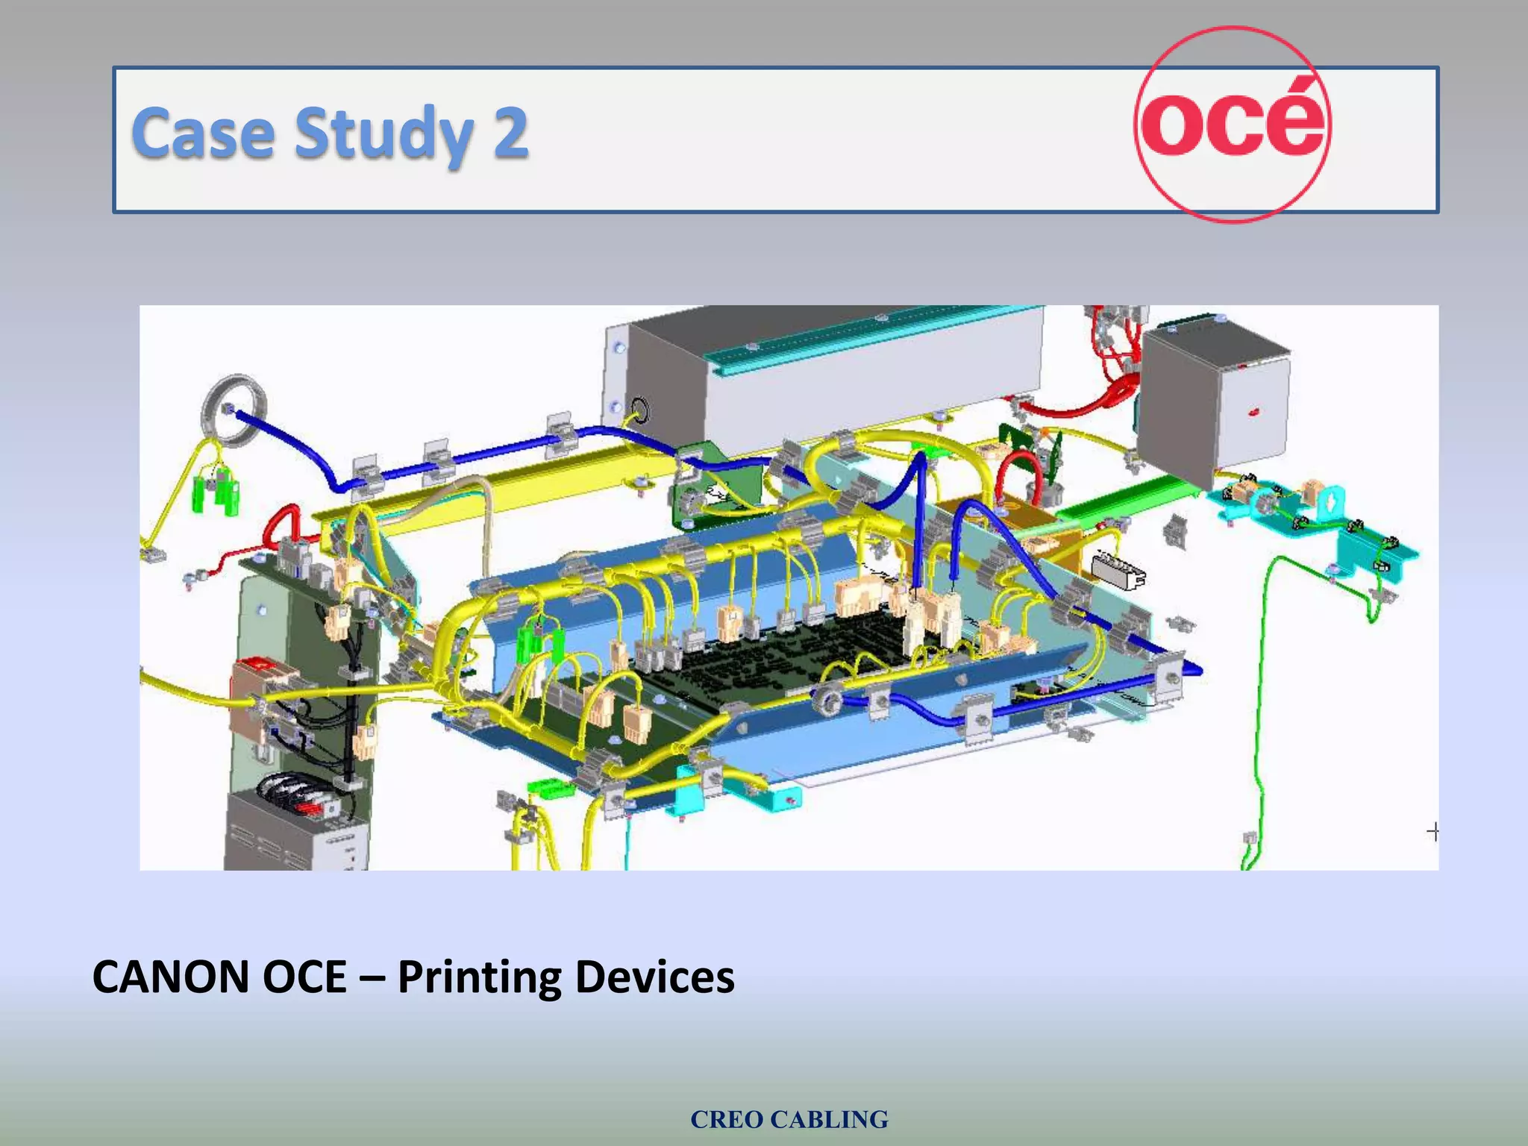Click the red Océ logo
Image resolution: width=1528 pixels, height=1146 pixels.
pos(1233,124)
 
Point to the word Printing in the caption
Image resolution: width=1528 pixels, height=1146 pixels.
pos(479,977)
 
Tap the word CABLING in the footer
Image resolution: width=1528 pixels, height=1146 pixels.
pos(829,1119)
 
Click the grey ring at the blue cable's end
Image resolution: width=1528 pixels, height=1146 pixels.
pos(234,411)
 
